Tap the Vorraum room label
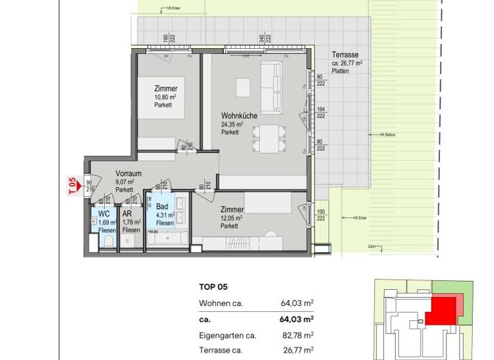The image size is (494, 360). [x=129, y=174]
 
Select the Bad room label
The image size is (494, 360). [x=162, y=207]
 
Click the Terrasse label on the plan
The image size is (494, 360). [x=344, y=55]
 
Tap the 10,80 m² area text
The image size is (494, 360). [x=165, y=97]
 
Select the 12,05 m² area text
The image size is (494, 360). [x=230, y=218]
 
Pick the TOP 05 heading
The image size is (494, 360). [x=214, y=287]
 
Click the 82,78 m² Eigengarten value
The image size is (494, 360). [x=298, y=335]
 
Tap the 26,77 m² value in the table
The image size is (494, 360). [x=298, y=350]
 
